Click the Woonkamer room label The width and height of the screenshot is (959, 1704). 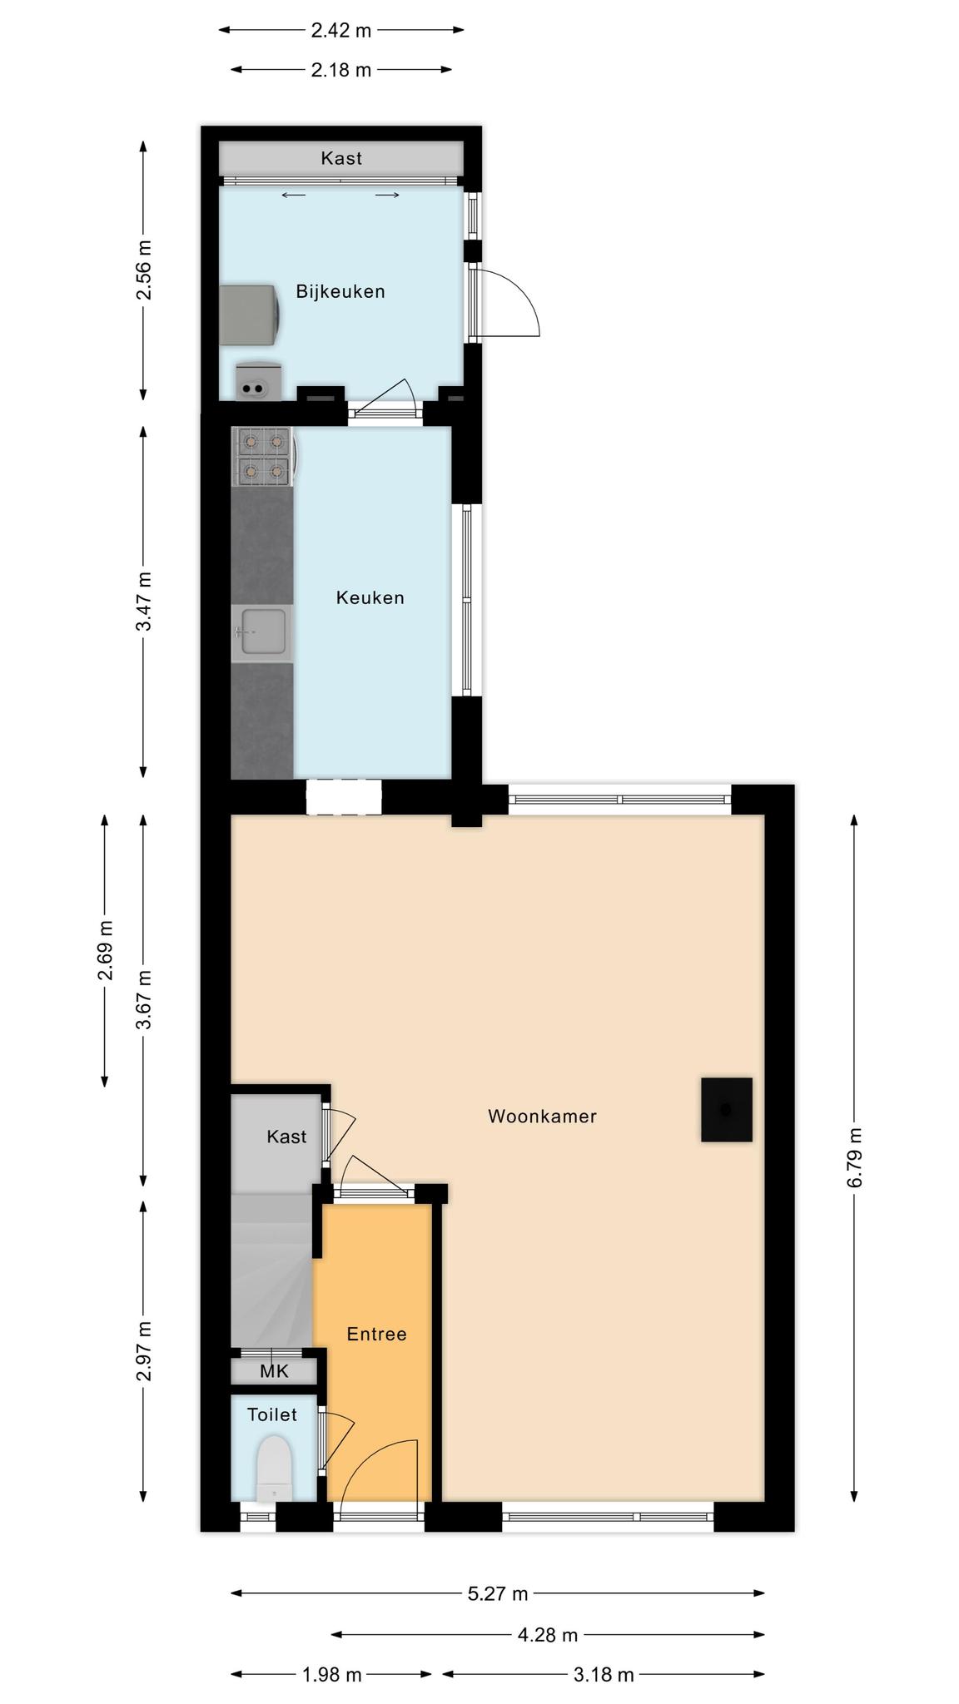[x=542, y=1117]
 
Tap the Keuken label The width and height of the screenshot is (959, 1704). [x=370, y=597]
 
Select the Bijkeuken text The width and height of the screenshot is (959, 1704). [x=340, y=291]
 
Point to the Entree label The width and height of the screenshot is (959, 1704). [x=376, y=1334]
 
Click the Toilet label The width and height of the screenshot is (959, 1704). [x=272, y=1414]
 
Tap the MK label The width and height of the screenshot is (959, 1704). [x=274, y=1371]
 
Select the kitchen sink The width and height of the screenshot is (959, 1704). [x=262, y=632]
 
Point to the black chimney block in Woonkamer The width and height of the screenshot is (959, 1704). [x=727, y=1110]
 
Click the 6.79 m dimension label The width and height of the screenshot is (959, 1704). [x=855, y=1157]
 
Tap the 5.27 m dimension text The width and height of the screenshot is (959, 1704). [x=498, y=1593]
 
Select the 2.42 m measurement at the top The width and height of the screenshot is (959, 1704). [x=341, y=31]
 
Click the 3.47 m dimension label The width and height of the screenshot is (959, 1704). [x=144, y=601]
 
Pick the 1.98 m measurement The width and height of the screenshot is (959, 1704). [x=331, y=1675]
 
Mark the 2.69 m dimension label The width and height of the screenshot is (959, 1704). [x=106, y=950]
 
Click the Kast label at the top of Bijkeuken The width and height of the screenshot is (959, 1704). [x=341, y=158]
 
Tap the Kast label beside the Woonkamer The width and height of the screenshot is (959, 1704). [x=286, y=1137]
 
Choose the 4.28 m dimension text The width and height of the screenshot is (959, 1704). [x=548, y=1635]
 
